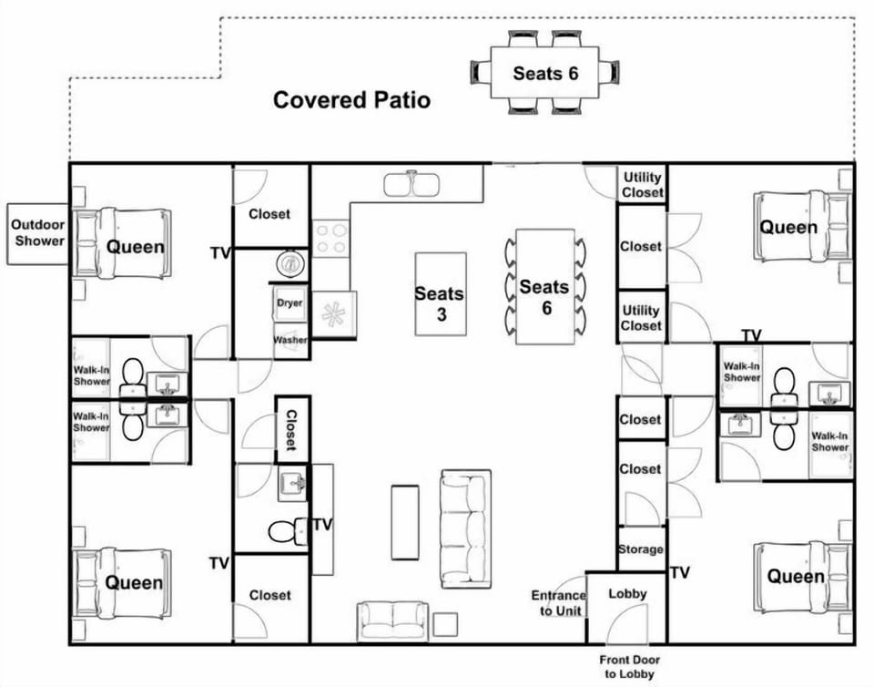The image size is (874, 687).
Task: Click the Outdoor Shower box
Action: coord(38,233)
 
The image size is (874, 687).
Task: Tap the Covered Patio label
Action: coord(351,100)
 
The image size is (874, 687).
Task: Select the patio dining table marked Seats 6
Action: coord(544,73)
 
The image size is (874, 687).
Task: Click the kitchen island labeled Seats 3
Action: coord(441,294)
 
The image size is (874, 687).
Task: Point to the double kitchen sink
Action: coord(412,185)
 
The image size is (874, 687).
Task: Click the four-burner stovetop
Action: coord(330,238)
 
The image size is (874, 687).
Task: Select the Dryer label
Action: coord(290,302)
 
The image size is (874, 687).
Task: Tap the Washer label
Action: coord(290,340)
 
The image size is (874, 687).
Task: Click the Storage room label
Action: coord(640,549)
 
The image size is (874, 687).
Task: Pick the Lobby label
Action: coord(627,593)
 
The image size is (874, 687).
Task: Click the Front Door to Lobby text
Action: coord(629,666)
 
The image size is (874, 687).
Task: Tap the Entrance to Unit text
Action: coord(559,603)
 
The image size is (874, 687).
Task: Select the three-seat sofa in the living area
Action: coord(466,528)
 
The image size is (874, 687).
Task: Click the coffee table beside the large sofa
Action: coord(404,522)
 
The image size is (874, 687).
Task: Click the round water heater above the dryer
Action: coord(290,263)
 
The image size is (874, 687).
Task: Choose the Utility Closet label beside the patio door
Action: coord(642,185)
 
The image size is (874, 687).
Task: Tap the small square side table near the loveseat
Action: coord(445,624)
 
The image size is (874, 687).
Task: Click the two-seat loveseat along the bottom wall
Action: coord(393,620)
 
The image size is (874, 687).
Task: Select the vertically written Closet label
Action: coord(291,430)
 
